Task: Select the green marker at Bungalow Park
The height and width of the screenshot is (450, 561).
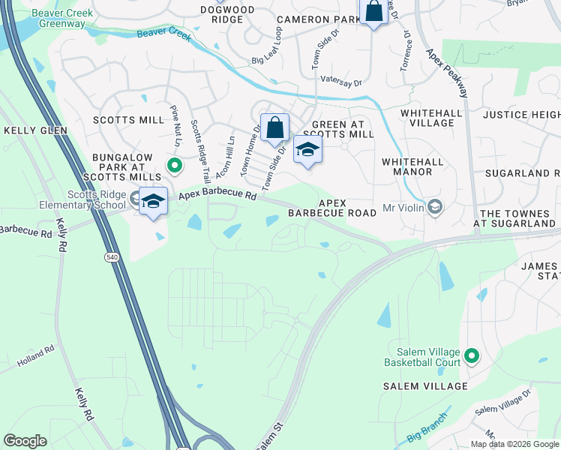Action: tap(174, 166)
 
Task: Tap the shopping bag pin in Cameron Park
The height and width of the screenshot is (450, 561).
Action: tap(373, 12)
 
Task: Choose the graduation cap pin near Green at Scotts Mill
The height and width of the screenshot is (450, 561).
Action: tap(307, 149)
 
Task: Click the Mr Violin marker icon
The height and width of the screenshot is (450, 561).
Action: tap(433, 206)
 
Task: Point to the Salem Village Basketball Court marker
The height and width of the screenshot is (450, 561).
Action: tap(471, 355)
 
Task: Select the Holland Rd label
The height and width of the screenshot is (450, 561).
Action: tap(36, 355)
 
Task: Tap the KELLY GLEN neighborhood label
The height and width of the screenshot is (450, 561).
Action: tap(35, 130)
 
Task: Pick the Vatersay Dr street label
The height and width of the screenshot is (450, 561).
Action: tap(341, 79)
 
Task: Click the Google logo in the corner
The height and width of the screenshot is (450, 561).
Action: tap(25, 441)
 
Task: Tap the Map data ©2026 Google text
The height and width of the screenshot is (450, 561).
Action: tap(515, 444)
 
